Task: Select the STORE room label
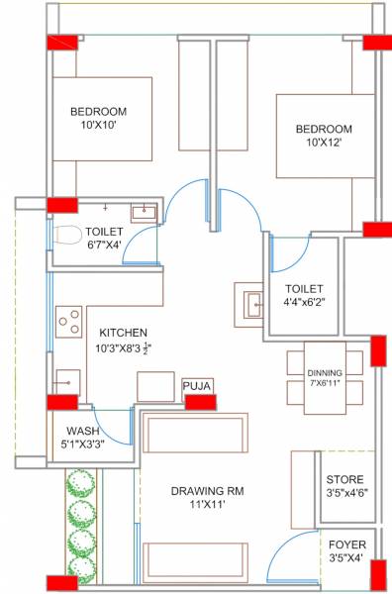pyautogui.click(x=345, y=476)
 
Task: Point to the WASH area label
pyautogui.click(x=84, y=431)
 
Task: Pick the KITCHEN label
pyautogui.click(x=123, y=333)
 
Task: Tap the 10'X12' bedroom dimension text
pyautogui.click(x=323, y=145)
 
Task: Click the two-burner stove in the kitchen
pyautogui.click(x=69, y=320)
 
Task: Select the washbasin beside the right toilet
pyautogui.click(x=248, y=301)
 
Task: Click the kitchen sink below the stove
pyautogui.click(x=67, y=379)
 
